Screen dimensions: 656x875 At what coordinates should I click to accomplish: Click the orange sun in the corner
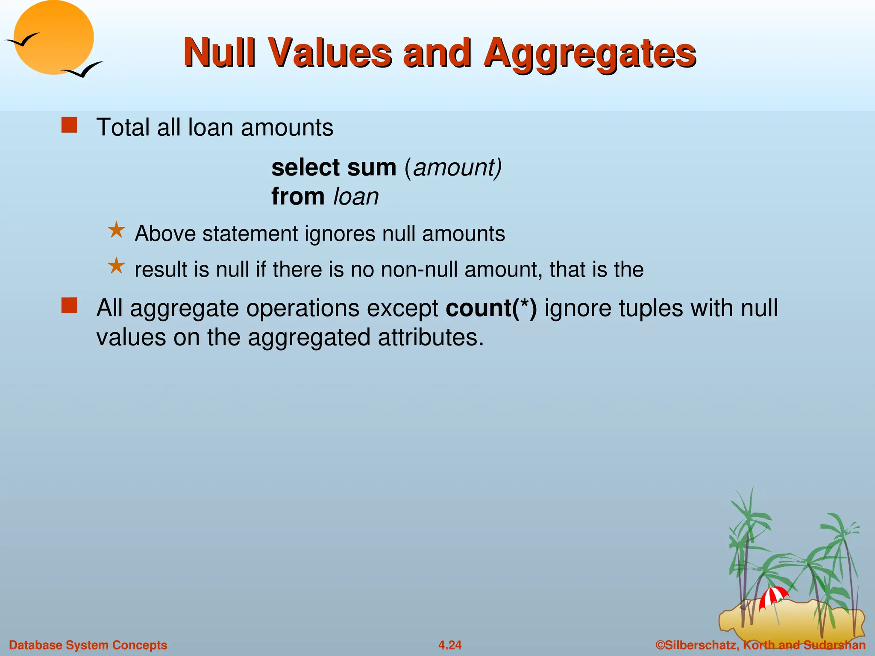[54, 37]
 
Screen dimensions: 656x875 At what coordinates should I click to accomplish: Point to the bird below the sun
[83, 70]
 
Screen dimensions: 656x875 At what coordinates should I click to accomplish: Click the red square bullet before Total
[69, 126]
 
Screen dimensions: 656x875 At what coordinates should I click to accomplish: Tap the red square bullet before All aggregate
[69, 306]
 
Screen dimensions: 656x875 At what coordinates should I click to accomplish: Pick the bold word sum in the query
[372, 167]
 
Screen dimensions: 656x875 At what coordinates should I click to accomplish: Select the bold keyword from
[298, 197]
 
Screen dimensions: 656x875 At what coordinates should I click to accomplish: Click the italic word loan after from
[356, 197]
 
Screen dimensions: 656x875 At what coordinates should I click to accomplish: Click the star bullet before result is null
[116, 266]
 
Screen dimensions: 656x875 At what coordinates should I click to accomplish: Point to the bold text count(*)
[491, 308]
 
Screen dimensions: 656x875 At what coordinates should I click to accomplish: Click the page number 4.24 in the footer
[450, 645]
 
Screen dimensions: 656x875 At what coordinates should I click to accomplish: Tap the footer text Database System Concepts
[88, 645]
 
